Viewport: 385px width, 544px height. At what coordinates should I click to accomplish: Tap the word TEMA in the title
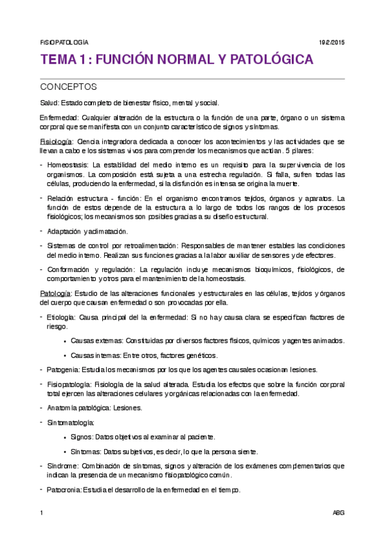coord(57,61)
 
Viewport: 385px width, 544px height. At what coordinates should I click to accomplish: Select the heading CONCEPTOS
coord(68,87)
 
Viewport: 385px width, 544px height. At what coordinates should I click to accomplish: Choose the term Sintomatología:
coord(71,423)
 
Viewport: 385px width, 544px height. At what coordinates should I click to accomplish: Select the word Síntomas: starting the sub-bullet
coord(85,452)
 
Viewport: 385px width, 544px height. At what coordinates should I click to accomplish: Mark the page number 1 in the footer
coord(41,513)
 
